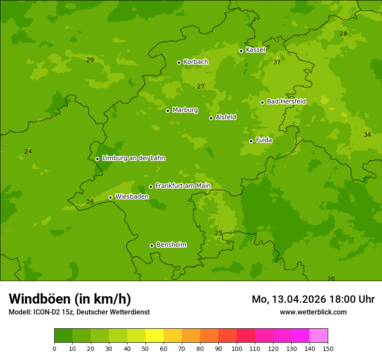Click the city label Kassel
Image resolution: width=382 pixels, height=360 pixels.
click(x=255, y=50)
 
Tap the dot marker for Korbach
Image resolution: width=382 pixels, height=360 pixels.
click(x=179, y=62)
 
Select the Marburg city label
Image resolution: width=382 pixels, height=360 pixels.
click(x=185, y=110)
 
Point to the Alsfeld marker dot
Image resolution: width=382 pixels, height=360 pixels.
click(x=211, y=118)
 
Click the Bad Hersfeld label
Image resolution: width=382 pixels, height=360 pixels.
click(x=286, y=101)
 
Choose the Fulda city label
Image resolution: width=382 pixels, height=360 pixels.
click(x=264, y=140)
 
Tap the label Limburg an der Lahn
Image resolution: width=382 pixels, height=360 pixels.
click(x=133, y=158)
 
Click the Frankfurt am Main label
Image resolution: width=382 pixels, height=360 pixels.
click(x=183, y=186)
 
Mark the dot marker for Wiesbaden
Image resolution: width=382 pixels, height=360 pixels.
click(x=110, y=197)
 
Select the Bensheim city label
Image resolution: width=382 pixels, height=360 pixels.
click(x=171, y=245)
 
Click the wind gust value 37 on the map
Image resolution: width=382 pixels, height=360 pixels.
click(x=277, y=62)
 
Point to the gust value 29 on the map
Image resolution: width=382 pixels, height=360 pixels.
click(x=90, y=60)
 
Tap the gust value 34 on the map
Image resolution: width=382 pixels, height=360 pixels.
click(x=367, y=134)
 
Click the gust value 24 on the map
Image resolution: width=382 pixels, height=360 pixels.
click(x=28, y=151)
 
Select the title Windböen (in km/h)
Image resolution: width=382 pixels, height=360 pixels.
click(x=70, y=299)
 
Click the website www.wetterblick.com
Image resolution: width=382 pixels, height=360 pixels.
click(x=313, y=312)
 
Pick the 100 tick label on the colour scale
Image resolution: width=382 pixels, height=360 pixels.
click(x=237, y=348)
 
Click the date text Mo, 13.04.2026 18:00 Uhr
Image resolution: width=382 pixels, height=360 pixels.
click(x=313, y=299)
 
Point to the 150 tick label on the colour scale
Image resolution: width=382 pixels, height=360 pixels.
click(x=328, y=348)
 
